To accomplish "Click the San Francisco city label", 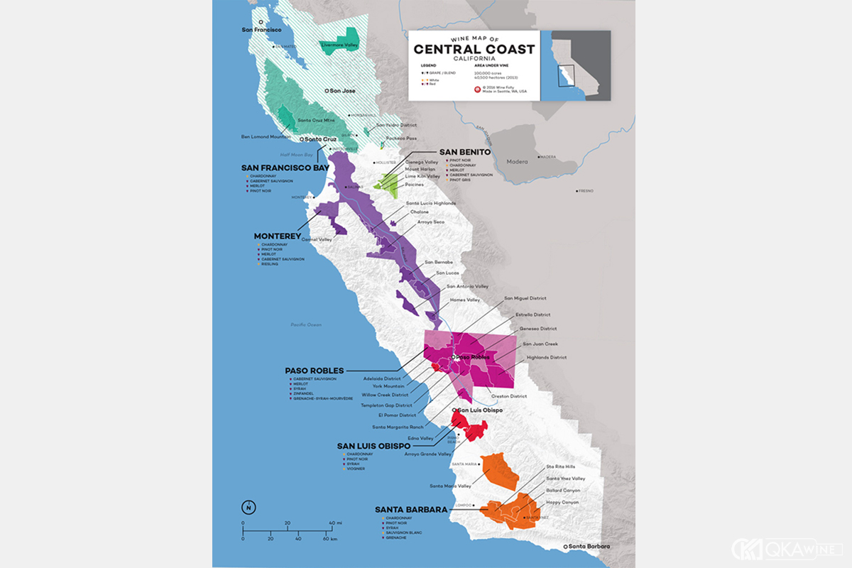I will [x=262, y=30].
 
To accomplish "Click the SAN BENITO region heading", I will [x=464, y=152].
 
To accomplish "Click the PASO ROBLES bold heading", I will [x=314, y=371].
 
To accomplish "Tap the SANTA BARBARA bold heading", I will [x=411, y=509].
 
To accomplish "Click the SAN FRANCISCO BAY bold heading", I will [x=285, y=168].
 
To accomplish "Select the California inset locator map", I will [x=575, y=65].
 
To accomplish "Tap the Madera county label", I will [x=518, y=162].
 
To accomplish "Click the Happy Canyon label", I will [x=562, y=502].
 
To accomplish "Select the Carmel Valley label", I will [x=317, y=240].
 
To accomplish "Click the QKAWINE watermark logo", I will [x=786, y=548].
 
